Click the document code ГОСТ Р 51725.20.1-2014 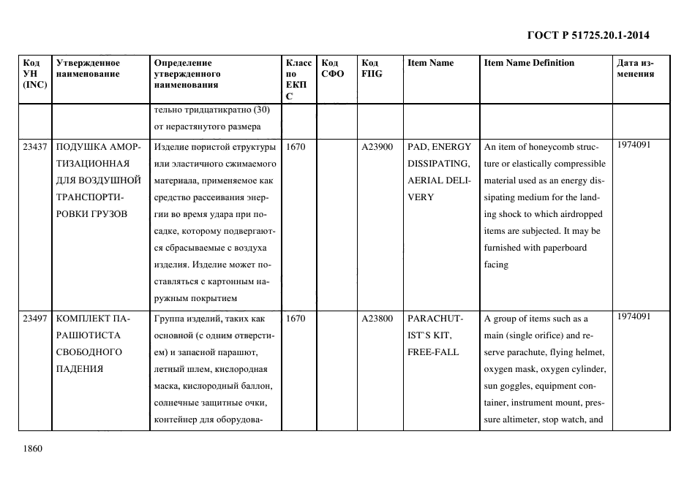pos(588,35)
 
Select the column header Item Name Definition pos(529,63)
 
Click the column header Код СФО pos(332,68)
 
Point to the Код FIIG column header pos(372,68)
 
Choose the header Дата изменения pos(635,68)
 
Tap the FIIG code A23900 pos(377,147)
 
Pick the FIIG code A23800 pos(377,319)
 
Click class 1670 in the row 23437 pos(296,147)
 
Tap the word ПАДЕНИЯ pos(79,369)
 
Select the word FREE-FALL pos(433,352)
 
